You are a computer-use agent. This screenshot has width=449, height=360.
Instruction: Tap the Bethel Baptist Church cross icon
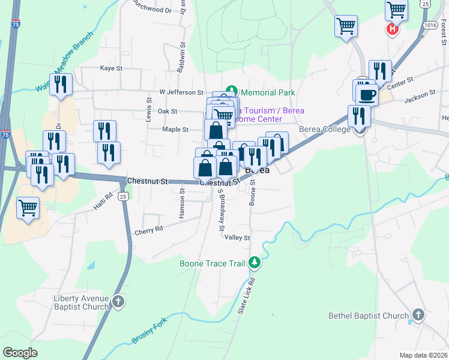tap(418, 315)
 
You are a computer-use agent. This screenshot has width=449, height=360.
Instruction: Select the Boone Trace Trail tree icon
tap(255, 263)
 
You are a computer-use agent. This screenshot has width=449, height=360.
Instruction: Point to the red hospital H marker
tap(393, 28)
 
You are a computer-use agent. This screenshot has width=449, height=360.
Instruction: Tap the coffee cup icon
tap(366, 94)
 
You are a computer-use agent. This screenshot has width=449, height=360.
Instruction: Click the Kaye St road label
tap(111, 68)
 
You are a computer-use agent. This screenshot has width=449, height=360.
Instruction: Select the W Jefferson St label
tap(181, 92)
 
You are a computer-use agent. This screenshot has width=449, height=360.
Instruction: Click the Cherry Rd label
tap(149, 230)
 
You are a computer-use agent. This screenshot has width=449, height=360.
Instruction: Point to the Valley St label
tap(237, 238)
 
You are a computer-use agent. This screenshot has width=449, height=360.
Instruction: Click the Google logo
tap(20, 352)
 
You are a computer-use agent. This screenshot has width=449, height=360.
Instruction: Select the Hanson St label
tap(181, 204)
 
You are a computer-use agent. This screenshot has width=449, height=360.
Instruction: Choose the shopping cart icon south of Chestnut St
tap(28, 208)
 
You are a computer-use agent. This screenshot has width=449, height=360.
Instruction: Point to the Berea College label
tap(324, 129)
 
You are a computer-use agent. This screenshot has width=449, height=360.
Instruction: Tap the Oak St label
tap(167, 112)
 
